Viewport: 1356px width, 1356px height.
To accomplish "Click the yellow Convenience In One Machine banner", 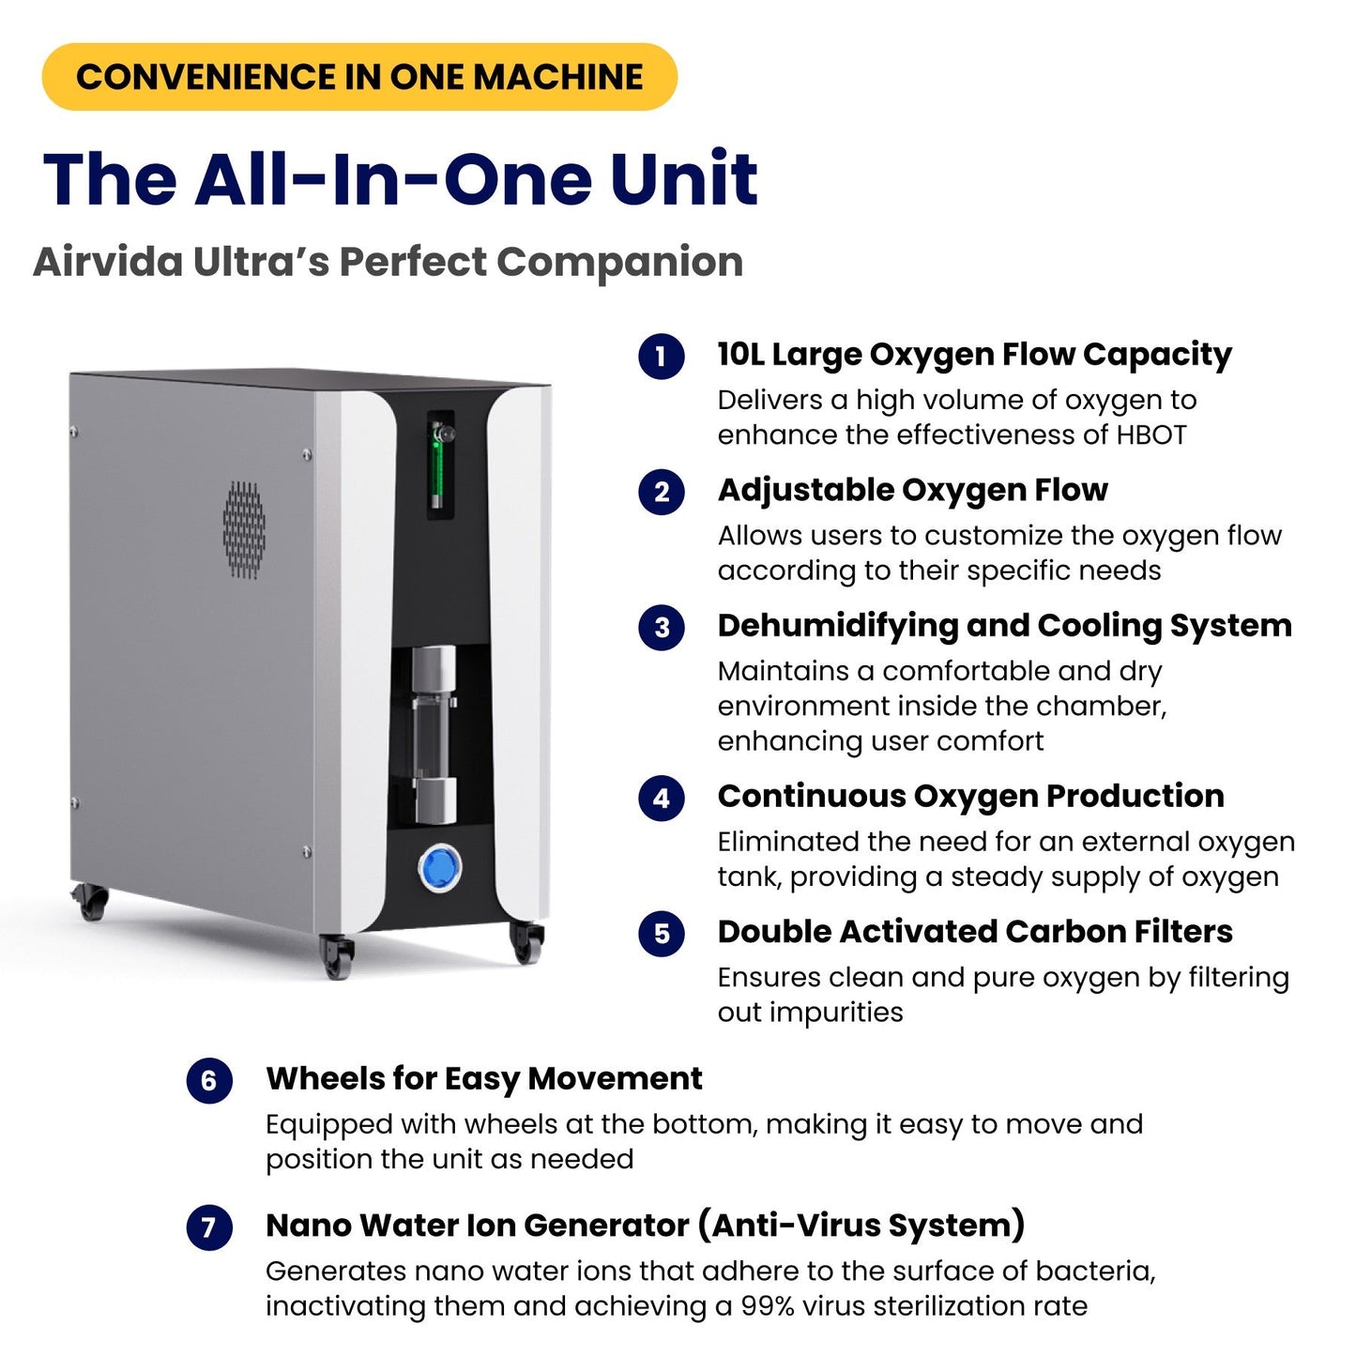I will (359, 77).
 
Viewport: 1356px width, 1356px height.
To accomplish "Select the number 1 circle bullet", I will (662, 357).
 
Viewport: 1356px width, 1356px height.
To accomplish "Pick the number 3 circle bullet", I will (662, 627).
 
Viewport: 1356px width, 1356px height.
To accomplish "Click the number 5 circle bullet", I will (662, 933).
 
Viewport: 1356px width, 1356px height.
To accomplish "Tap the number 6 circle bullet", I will (209, 1080).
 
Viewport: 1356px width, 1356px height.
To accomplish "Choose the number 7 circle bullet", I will (209, 1226).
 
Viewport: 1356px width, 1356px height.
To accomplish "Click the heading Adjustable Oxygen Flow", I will (912, 490).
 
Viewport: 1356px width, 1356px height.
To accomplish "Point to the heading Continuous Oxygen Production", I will (970, 796).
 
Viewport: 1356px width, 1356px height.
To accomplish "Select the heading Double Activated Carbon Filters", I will (975, 932).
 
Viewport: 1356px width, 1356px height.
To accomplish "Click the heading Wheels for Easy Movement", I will (483, 1079).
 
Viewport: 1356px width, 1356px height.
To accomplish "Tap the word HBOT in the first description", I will (1150, 435).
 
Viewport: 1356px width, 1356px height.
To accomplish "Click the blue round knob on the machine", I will (439, 868).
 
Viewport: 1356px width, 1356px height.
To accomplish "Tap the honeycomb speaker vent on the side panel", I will (244, 529).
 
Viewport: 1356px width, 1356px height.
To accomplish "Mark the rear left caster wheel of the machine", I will (91, 902).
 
